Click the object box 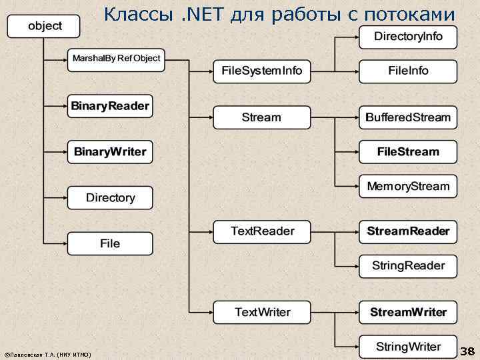pyautogui.click(x=44, y=26)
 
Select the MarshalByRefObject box pyautogui.click(x=116, y=59)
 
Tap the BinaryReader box pyautogui.click(x=110, y=106)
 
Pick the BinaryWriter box pyautogui.click(x=110, y=152)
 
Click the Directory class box pyautogui.click(x=110, y=198)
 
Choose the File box pyautogui.click(x=110, y=244)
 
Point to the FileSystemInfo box pyautogui.click(x=261, y=71)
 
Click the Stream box pyautogui.click(x=261, y=117)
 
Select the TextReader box pyautogui.click(x=261, y=231)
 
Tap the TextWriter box pyautogui.click(x=261, y=312)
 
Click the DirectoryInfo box pyautogui.click(x=408, y=37)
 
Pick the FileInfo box pyautogui.click(x=408, y=71)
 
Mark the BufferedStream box pyautogui.click(x=408, y=117)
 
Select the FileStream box pyautogui.click(x=408, y=152)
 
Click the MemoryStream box pyautogui.click(x=408, y=186)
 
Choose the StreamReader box pyautogui.click(x=408, y=232)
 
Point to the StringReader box pyautogui.click(x=408, y=266)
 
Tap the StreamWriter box pyautogui.click(x=408, y=312)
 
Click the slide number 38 pyautogui.click(x=467, y=351)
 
